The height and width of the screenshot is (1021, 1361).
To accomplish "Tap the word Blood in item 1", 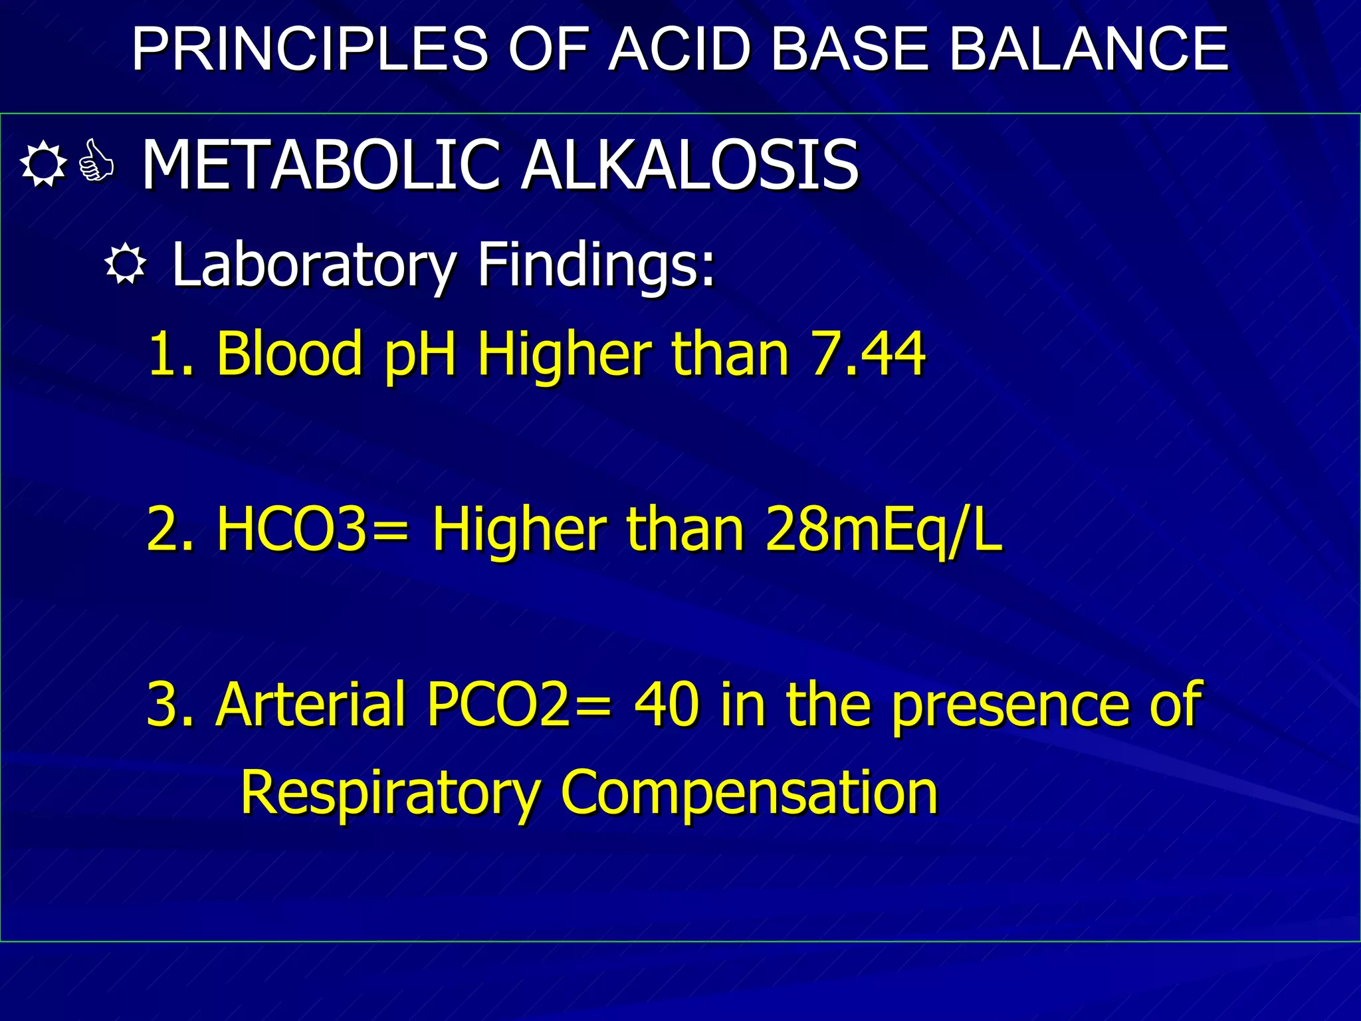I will coord(289,354).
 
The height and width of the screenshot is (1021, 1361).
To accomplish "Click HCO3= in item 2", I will coord(312,530).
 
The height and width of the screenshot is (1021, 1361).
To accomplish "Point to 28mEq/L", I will coord(883,530).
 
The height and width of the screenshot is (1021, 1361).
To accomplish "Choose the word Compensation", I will coord(749,793).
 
